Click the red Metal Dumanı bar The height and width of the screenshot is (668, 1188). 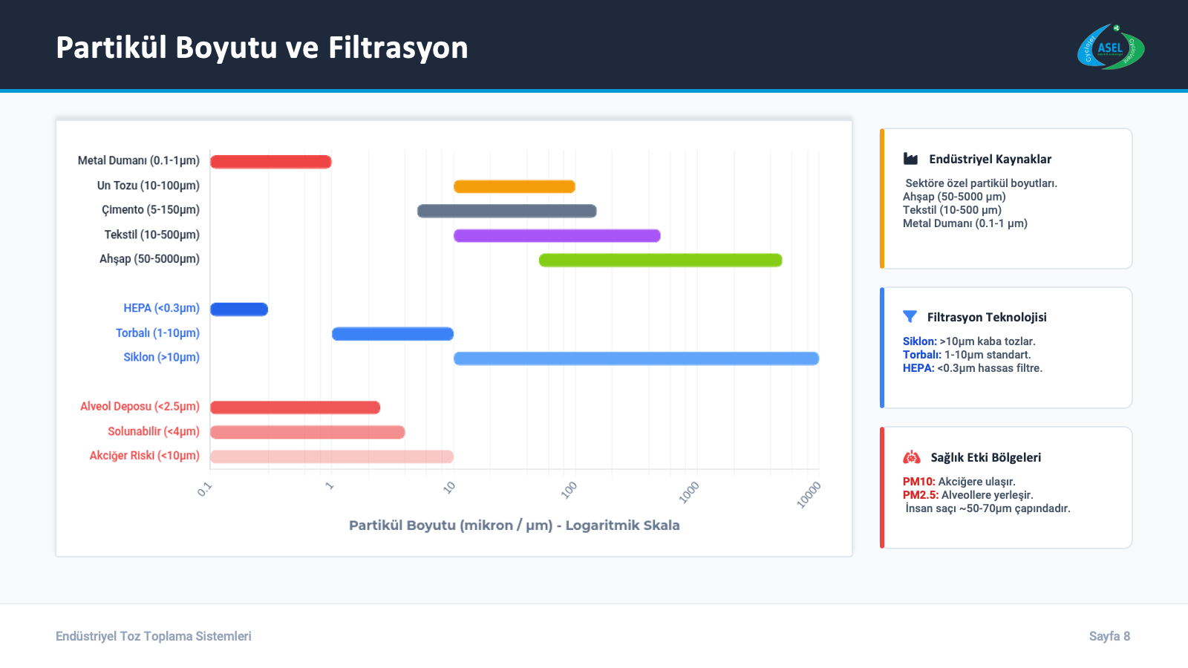pos(270,162)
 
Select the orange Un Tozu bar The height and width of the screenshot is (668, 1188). pos(514,186)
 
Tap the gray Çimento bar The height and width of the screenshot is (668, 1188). pos(506,211)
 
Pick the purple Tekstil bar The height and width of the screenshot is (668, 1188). pos(557,236)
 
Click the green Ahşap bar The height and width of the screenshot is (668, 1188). pos(660,260)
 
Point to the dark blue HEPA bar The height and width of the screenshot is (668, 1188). pos(239,310)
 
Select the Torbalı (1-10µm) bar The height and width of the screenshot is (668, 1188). pos(392,334)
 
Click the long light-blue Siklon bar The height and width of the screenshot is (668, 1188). pos(636,358)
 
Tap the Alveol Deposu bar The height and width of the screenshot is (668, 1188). pos(295,407)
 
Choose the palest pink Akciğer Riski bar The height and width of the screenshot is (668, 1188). pos(331,456)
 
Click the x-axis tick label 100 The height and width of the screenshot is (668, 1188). pos(569,489)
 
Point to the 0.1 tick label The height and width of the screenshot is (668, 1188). pos(205,489)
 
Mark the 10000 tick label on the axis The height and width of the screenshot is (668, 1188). pos(809,494)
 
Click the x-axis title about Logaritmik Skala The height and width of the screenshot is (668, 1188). pos(514,525)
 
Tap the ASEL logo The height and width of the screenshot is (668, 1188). pos(1110,48)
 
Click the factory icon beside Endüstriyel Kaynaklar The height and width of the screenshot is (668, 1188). pos(910,159)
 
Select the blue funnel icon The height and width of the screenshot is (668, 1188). pos(910,317)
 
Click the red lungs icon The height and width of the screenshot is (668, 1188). pos(911,457)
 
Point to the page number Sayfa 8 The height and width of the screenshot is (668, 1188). pos(1109,636)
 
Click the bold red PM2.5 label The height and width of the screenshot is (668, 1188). pos(920,495)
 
